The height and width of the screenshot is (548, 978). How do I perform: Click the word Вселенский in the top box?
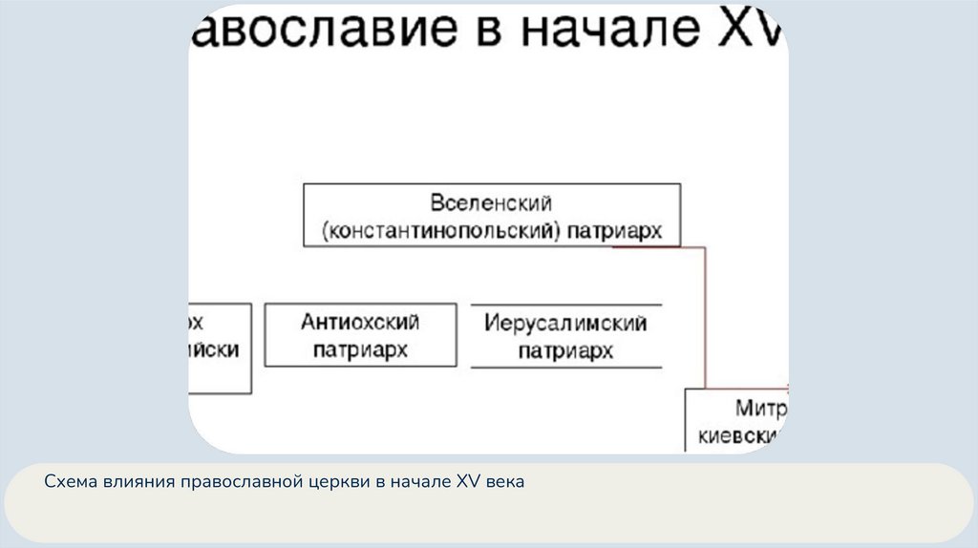pos(492,204)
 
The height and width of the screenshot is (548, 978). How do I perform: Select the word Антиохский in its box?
pos(359,323)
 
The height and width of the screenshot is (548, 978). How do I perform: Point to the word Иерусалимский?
pos(565,323)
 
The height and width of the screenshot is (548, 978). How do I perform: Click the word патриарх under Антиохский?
pos(360,349)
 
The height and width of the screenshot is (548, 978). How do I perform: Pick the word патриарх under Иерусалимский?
pos(565,351)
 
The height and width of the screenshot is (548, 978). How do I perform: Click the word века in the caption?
pos(503,483)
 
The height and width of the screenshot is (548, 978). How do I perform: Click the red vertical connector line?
pos(706,315)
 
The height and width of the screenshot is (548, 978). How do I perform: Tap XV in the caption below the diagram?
pos(466,483)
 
